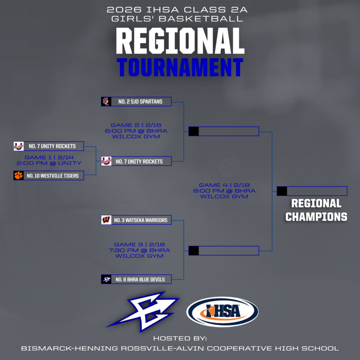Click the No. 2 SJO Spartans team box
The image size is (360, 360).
tap(136, 102)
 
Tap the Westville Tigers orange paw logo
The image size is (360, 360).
tap(19, 175)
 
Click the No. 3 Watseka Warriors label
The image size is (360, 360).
tap(141, 220)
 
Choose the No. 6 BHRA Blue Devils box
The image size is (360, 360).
tap(136, 279)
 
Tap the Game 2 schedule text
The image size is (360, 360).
tap(136, 131)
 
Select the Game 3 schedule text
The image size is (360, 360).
tap(140, 250)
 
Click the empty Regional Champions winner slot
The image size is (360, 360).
tap(312, 191)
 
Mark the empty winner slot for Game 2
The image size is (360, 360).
tap(224, 131)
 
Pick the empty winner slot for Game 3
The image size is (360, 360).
tap(224, 251)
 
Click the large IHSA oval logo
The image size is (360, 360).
tap(222, 311)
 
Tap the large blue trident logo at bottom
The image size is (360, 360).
tap(143, 311)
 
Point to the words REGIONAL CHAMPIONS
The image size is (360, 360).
tap(316, 210)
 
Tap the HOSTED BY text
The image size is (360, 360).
tap(180, 339)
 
